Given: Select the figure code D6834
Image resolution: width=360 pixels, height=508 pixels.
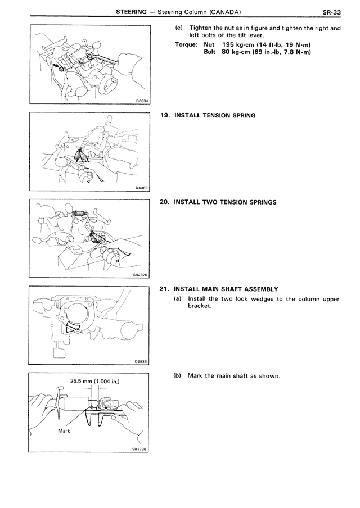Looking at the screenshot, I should [142, 101].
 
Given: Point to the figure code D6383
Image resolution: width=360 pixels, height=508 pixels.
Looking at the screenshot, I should [142, 188].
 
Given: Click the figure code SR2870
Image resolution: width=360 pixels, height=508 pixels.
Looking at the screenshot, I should [141, 275].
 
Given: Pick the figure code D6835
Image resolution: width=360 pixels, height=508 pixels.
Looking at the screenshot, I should [142, 362].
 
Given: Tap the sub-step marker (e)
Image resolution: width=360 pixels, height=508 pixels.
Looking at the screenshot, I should [179, 28].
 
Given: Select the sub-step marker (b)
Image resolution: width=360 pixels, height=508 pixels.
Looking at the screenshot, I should [179, 376].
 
